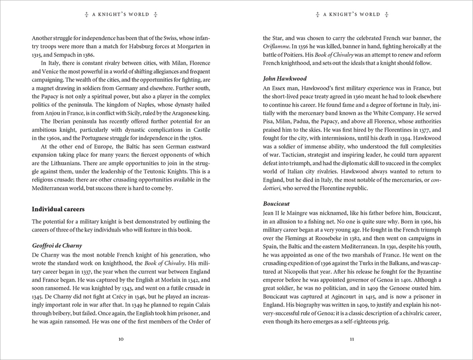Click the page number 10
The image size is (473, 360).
click(121, 339)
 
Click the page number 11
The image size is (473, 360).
click(352, 339)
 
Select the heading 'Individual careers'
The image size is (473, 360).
click(58, 209)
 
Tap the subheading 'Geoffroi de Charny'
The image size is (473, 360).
click(57, 246)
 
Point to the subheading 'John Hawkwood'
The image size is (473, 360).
click(285, 78)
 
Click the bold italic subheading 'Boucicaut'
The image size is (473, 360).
click(277, 203)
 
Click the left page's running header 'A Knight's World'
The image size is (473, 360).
click(121, 14)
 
